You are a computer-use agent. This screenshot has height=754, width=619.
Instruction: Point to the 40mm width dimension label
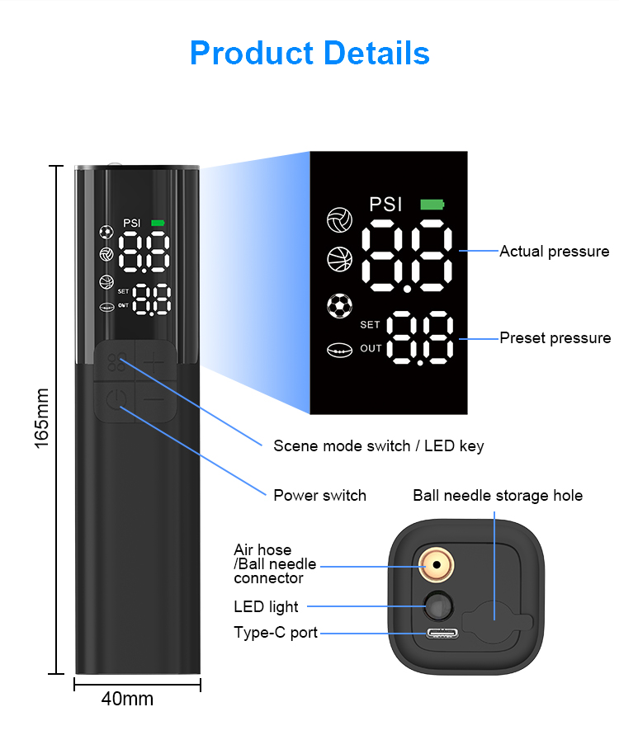[x=127, y=699]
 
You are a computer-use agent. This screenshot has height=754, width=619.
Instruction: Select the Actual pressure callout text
[x=555, y=252]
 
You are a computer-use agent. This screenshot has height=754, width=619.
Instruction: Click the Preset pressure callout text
[x=555, y=337]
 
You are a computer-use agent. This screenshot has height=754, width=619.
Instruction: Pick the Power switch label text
[x=319, y=495]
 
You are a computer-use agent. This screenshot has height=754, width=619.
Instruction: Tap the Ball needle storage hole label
[x=498, y=495]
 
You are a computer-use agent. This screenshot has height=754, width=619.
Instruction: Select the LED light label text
[x=266, y=606]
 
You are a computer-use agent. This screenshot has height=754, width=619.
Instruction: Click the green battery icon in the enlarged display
[x=431, y=205]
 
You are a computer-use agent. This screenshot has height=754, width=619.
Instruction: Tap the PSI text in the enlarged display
[x=386, y=205]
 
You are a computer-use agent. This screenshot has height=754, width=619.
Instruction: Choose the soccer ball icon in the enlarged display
[x=339, y=306]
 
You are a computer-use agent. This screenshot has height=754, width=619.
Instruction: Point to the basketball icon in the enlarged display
[x=339, y=259]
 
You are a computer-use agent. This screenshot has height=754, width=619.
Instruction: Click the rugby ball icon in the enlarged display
[x=339, y=350]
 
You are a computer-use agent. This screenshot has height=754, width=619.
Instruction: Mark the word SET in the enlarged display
[x=370, y=325]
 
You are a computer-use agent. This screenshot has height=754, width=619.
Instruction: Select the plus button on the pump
[x=154, y=361]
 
